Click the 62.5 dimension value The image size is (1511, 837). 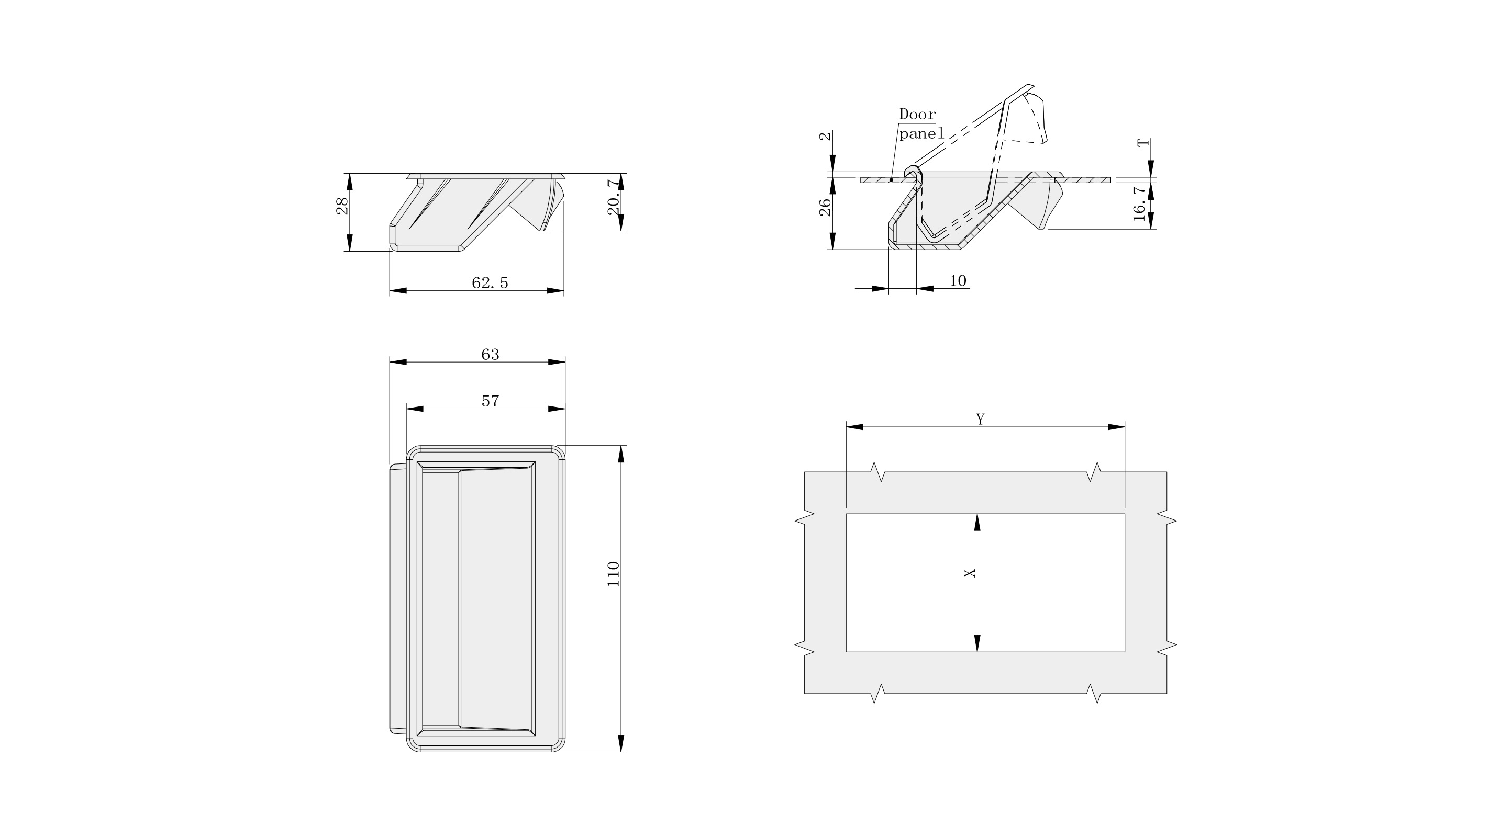(x=490, y=282)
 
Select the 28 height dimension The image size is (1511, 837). (x=342, y=206)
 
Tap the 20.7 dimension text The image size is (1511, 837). (x=614, y=198)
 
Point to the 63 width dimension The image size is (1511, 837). (x=490, y=354)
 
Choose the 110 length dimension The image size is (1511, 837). (x=614, y=574)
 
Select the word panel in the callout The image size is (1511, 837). (x=921, y=134)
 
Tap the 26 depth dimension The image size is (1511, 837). (x=825, y=208)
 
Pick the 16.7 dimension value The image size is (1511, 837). (x=1140, y=203)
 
